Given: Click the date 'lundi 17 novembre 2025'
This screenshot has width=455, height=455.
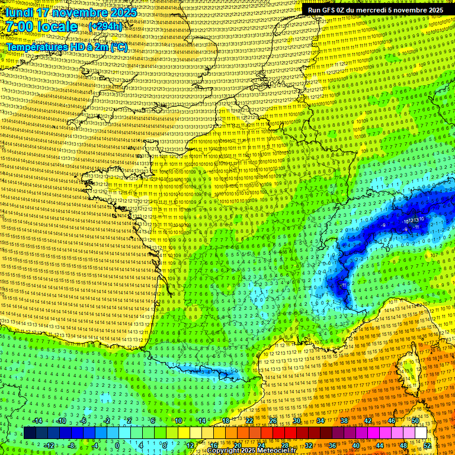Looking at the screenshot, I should coord(71,12).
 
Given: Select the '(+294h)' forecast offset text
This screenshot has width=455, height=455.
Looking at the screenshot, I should coord(106,27).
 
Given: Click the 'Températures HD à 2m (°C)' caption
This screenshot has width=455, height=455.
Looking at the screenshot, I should coord(67,47).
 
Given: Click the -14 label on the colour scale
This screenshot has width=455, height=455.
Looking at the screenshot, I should coord(38,421).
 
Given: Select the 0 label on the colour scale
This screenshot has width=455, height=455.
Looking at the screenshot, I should coord(117,445).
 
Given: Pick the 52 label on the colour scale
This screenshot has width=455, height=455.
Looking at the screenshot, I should coord(428,445).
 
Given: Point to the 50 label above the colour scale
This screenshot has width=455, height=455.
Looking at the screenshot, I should coord(415,421).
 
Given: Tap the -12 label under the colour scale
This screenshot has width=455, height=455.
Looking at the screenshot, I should coord(50,445).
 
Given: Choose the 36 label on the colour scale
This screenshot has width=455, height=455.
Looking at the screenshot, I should coord(332,445).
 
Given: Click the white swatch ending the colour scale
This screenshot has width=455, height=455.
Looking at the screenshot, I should coord(421,433).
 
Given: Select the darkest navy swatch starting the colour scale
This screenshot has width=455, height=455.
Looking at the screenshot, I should coord(30,433).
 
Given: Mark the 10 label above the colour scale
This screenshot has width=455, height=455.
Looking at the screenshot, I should coord(178,421).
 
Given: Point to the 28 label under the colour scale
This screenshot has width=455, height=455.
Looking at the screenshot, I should coord(284,445).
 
